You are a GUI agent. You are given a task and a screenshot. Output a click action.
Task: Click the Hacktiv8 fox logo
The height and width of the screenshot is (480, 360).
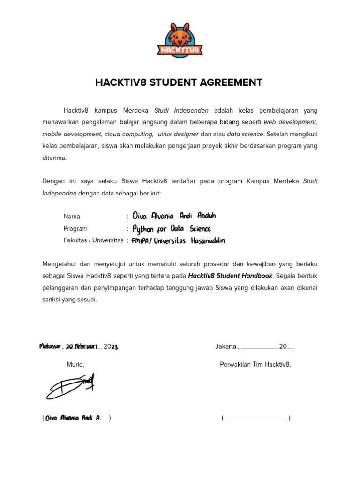(180, 39)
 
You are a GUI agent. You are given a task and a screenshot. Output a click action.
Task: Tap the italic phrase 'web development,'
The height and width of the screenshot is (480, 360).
(290, 122)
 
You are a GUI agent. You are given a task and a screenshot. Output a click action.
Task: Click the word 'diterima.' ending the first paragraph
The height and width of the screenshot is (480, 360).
(54, 158)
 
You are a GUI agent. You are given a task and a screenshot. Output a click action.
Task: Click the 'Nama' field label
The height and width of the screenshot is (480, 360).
(72, 217)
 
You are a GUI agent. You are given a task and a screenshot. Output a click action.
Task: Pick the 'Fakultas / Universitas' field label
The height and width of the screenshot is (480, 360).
(93, 240)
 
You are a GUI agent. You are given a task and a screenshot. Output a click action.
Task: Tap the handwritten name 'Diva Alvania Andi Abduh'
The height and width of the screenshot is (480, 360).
(174, 216)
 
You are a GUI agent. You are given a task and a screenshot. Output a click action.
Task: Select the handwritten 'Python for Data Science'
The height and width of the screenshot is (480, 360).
(172, 229)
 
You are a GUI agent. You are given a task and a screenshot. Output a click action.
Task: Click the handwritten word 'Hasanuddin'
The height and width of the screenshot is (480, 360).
(208, 241)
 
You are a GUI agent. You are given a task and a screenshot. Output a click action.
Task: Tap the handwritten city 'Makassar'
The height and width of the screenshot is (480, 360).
(50, 346)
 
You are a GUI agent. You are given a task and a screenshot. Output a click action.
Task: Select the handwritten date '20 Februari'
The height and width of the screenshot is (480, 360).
(82, 346)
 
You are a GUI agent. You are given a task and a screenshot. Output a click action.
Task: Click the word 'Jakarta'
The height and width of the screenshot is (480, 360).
(226, 347)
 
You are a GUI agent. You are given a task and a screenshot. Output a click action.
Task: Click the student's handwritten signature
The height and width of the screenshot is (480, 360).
(70, 387)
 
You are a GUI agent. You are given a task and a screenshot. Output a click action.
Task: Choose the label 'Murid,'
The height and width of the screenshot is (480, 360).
(75, 365)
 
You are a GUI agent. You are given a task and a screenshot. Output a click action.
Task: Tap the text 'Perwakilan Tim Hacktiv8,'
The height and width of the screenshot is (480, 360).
(255, 365)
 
